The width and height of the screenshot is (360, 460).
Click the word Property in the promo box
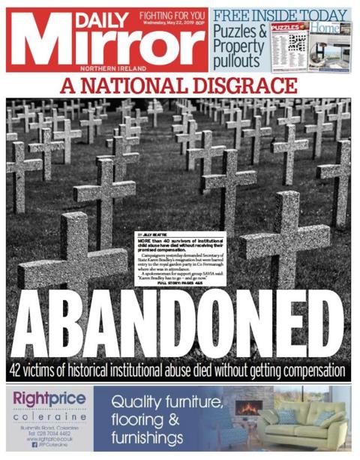238,46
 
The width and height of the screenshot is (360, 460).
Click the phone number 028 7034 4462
55,434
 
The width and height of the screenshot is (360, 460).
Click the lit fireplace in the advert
247,410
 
